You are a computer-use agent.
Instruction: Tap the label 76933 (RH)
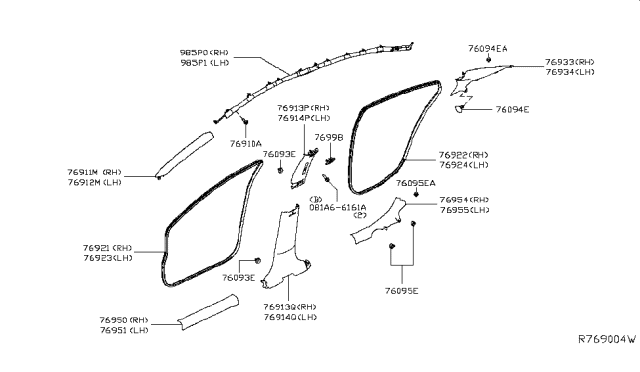[569, 61]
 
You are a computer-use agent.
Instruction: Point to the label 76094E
[512, 109]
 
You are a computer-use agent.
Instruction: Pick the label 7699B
[329, 137]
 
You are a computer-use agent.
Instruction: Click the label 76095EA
[416, 184]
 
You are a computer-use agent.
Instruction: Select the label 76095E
[401, 290]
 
